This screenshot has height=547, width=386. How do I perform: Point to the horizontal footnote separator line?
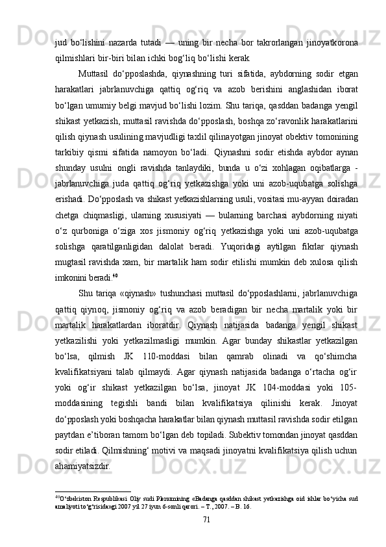[x=93, y=492]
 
